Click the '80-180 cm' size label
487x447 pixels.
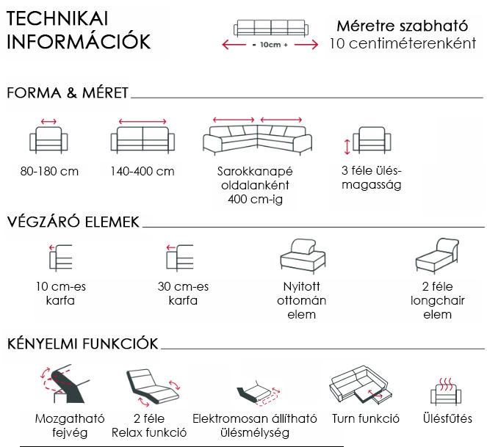tap(49, 171)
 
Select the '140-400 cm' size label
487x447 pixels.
tap(143, 171)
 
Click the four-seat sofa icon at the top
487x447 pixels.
tap(271, 28)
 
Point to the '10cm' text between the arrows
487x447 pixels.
tap(270, 45)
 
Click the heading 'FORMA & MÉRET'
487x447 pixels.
tap(68, 92)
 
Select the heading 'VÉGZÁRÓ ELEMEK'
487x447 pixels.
tap(73, 222)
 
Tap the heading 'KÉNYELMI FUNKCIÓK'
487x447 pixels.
tap(82, 344)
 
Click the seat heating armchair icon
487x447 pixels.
tap(446, 392)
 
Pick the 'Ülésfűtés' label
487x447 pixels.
tap(447, 418)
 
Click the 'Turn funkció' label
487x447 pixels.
tap(366, 418)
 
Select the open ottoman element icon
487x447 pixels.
tap(303, 256)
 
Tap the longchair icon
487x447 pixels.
tap(437, 256)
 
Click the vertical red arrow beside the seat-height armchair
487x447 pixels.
tap(347, 147)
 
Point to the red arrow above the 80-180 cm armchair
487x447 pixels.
tap(48, 121)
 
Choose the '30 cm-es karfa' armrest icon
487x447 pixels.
tap(180, 257)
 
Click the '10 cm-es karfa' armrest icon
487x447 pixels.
tap(61, 257)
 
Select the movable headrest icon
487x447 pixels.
tap(65, 384)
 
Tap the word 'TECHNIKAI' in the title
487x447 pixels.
tap(57, 18)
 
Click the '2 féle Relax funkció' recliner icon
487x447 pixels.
tap(153, 388)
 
